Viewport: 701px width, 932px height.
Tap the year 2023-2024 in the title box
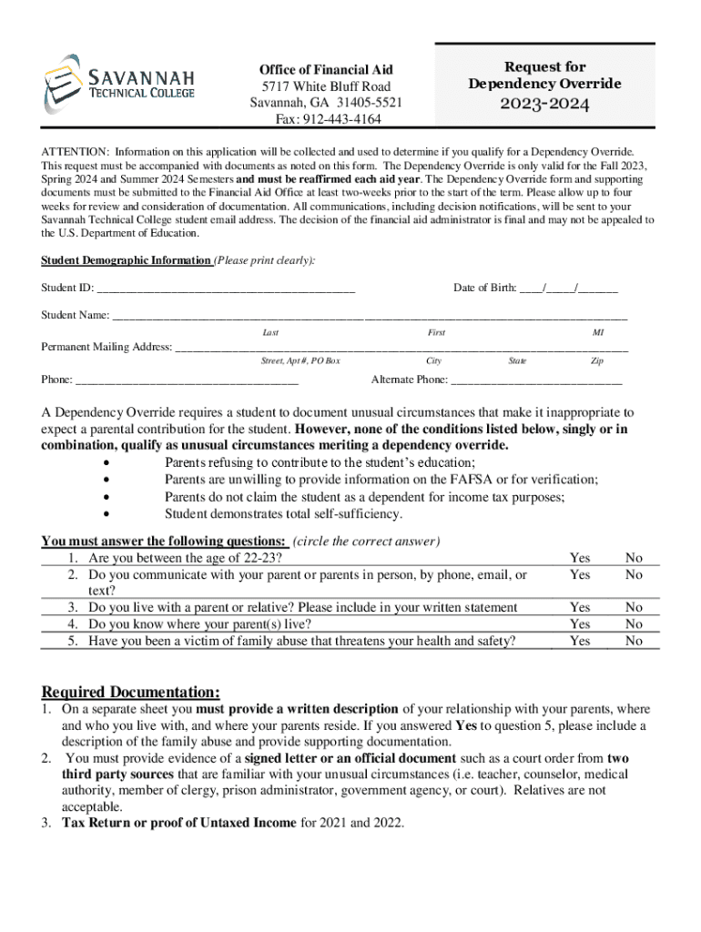tap(544, 105)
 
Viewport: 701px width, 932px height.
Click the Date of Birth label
tap(484, 289)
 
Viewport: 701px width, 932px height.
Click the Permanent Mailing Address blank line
tap(401, 348)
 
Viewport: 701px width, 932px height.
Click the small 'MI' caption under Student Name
tap(598, 333)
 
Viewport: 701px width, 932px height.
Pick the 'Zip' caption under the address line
tap(597, 361)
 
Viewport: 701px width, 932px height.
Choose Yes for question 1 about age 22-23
tap(579, 558)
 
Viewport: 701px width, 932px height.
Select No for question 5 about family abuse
tap(634, 642)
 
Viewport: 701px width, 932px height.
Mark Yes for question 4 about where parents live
tap(579, 624)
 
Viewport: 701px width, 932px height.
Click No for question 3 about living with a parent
tap(634, 607)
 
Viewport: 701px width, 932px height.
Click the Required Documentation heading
tap(130, 692)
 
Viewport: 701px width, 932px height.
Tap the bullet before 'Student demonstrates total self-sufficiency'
tap(109, 514)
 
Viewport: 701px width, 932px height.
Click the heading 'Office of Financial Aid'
tap(326, 70)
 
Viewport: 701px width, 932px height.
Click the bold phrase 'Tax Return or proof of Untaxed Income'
tap(178, 823)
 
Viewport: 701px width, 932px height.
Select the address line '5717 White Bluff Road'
tap(326, 86)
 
